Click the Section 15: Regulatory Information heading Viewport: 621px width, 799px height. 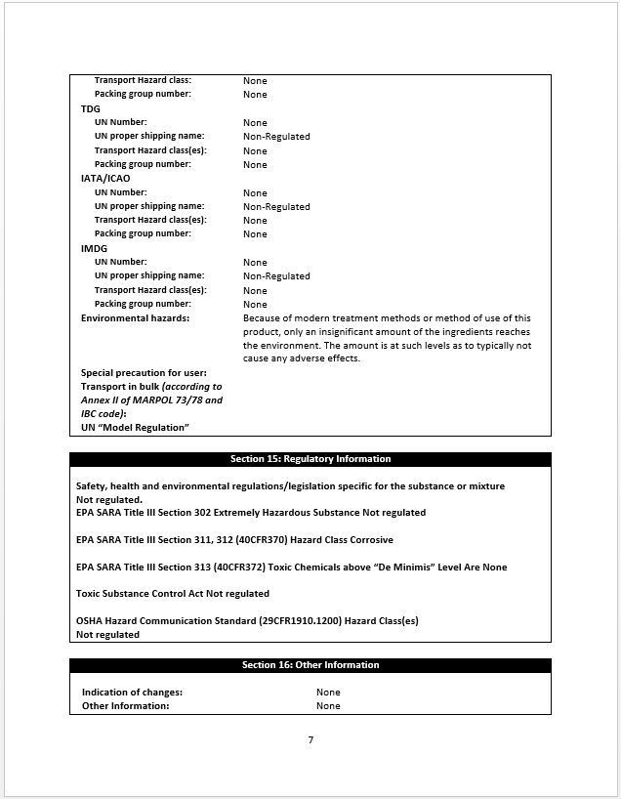(310, 459)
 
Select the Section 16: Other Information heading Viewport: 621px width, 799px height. (310, 665)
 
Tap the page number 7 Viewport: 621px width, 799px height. (310, 739)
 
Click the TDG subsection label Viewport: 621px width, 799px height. (90, 108)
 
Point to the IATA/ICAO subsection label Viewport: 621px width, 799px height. (105, 179)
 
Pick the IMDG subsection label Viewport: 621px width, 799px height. (94, 248)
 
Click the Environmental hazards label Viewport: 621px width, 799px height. (135, 318)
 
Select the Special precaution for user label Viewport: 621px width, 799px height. (144, 373)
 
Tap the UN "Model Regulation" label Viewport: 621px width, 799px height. (134, 428)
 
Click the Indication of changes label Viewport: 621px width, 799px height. (132, 693)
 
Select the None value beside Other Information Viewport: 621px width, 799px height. (328, 706)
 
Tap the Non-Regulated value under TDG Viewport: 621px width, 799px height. (276, 137)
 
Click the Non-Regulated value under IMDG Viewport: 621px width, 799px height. (276, 276)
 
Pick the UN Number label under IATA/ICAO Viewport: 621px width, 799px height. (120, 192)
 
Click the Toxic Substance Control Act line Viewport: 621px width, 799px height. (173, 594)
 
